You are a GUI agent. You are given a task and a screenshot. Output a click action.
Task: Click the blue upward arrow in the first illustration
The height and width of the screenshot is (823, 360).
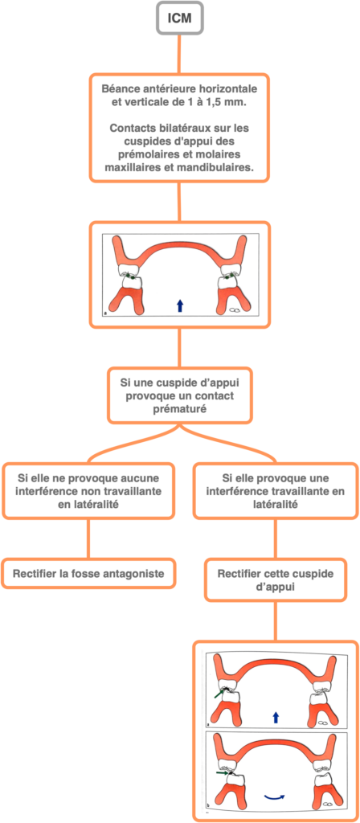pyautogui.click(x=180, y=305)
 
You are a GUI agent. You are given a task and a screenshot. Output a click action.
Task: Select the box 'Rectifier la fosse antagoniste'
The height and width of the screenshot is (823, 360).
pyautogui.click(x=88, y=574)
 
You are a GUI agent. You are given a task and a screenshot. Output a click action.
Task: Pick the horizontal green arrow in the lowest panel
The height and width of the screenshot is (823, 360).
pyautogui.click(x=223, y=772)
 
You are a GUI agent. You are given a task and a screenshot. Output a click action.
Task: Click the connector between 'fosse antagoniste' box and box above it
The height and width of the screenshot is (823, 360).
pyautogui.click(x=88, y=539)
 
